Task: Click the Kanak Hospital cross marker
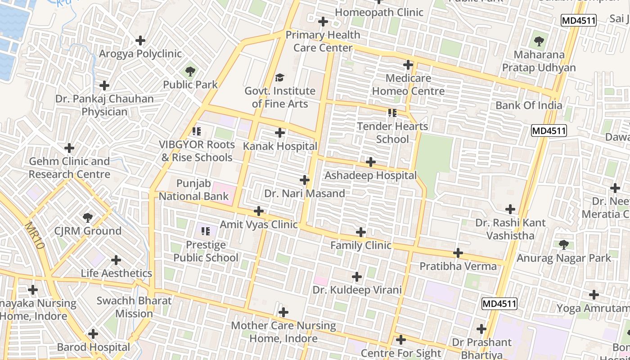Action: (280, 133)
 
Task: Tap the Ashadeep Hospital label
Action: (370, 175)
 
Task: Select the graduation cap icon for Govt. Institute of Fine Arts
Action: (280, 78)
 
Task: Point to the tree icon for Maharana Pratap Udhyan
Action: (539, 42)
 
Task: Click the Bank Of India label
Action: (529, 105)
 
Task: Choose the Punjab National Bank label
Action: (193, 190)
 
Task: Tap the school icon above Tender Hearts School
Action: (392, 113)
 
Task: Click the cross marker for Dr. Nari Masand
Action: (305, 180)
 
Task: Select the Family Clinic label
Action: (361, 246)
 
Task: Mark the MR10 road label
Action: (34, 236)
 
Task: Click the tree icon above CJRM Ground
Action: (88, 218)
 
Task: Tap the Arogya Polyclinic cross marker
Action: (140, 40)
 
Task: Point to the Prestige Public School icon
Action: (206, 232)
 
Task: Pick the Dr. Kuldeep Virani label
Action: (357, 290)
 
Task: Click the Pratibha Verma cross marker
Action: (458, 253)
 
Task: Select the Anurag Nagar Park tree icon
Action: (563, 245)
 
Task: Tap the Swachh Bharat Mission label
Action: (134, 307)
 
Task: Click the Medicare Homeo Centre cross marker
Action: (408, 65)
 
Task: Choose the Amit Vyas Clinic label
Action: (259, 225)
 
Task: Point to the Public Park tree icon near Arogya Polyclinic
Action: (190, 71)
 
